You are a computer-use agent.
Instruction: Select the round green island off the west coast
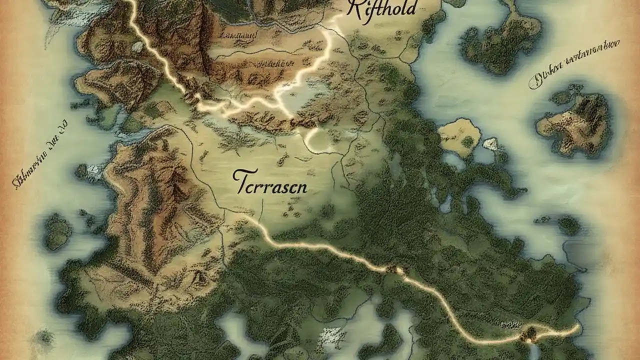click(57, 231)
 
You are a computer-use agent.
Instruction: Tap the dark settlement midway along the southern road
click(399, 270)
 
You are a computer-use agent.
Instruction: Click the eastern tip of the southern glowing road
click(579, 327)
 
